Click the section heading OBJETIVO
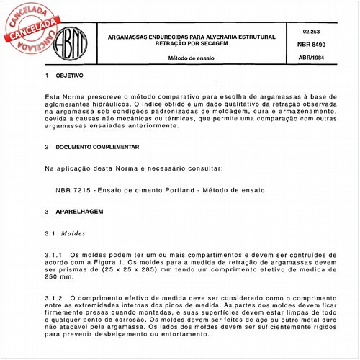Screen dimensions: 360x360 [70, 75]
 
